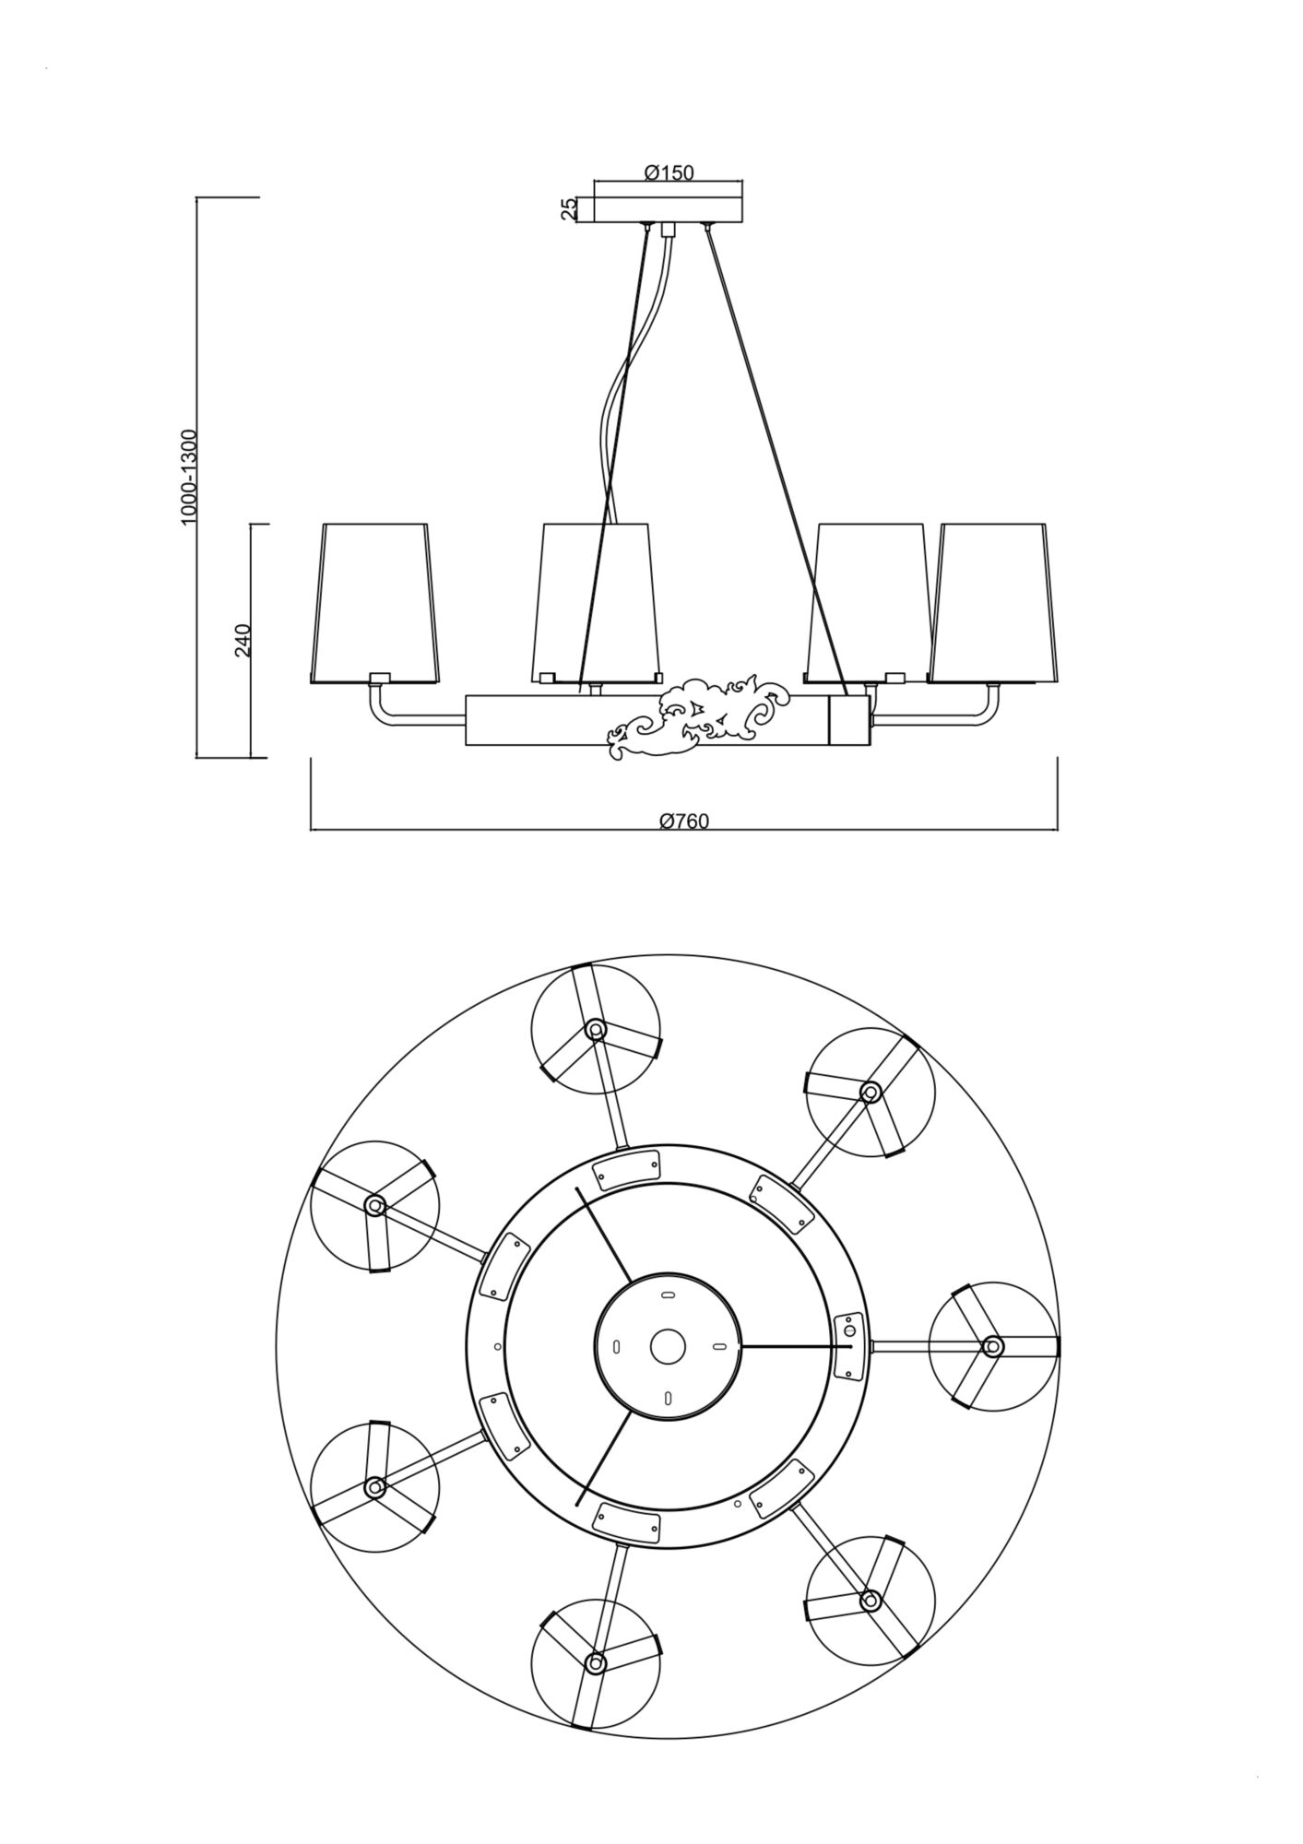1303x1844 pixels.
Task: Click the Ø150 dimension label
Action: coord(669,171)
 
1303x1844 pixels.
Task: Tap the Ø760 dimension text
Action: coord(684,821)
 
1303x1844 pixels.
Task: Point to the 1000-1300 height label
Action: coord(189,477)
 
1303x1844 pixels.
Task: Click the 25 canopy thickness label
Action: coord(569,209)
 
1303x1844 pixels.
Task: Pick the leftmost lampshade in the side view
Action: coord(373,604)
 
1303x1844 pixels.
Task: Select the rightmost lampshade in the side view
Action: coord(992,604)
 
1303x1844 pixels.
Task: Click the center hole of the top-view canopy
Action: coord(668,1346)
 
